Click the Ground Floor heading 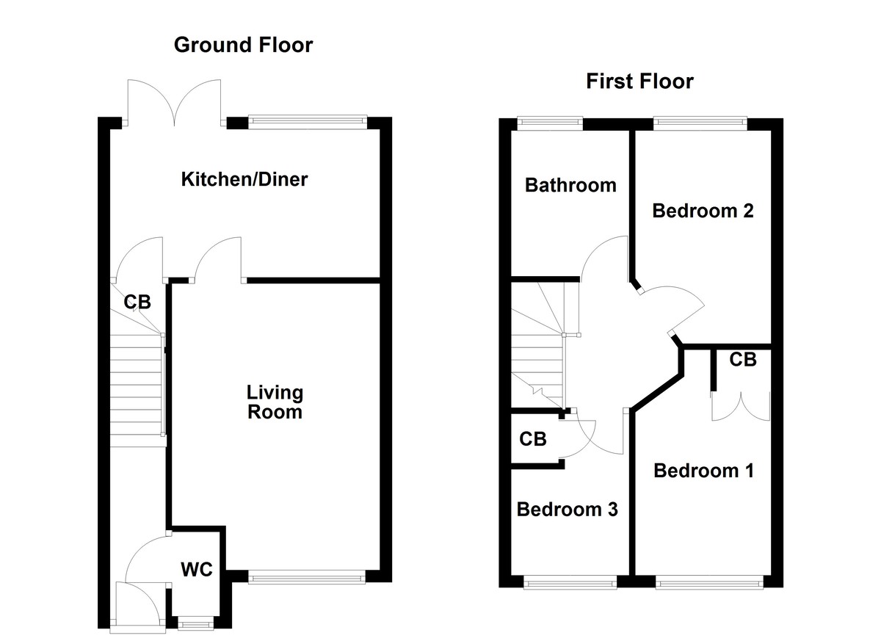[243, 45]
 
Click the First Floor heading [639, 81]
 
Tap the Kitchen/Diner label [244, 178]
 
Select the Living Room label [275, 402]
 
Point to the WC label [197, 569]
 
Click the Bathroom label [570, 185]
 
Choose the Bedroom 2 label [703, 211]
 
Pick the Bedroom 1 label [703, 470]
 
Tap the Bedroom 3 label [568, 509]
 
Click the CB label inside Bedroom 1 [743, 360]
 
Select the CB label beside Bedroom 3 [533, 439]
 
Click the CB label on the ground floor [137, 302]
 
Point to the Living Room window [307, 579]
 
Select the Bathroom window [549, 122]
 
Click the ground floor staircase [138, 389]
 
